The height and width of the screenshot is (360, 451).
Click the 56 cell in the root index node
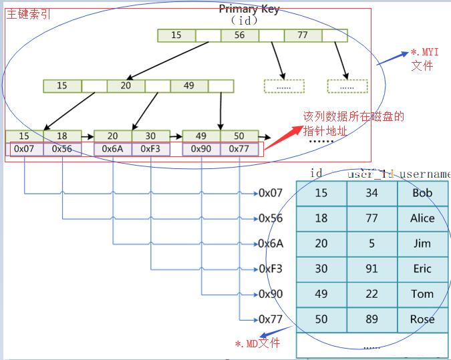coord(239,35)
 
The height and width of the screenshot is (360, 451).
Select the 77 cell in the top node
coord(303,35)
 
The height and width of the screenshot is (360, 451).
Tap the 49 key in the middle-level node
coord(188,85)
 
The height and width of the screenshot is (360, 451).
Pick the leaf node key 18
coord(62,136)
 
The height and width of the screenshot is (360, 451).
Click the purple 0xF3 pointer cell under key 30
coord(150,149)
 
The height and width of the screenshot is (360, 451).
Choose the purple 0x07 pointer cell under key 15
coord(24,149)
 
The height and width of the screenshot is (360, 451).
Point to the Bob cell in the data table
coord(422,193)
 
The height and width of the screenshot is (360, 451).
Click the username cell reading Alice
coord(422,218)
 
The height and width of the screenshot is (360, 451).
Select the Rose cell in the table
coord(422,319)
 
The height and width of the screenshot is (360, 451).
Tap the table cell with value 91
coord(371,268)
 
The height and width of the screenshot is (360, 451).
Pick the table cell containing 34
coord(371,193)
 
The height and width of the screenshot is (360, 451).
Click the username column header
coord(425,174)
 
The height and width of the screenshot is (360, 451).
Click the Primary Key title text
coord(249,9)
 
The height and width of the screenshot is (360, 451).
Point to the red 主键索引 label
coord(27,14)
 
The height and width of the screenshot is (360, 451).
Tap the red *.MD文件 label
coord(257,343)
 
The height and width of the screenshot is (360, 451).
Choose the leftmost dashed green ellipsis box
coord(284,86)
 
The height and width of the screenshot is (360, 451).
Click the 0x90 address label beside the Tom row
coord(271,294)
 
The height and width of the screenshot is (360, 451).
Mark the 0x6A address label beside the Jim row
coord(271,244)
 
